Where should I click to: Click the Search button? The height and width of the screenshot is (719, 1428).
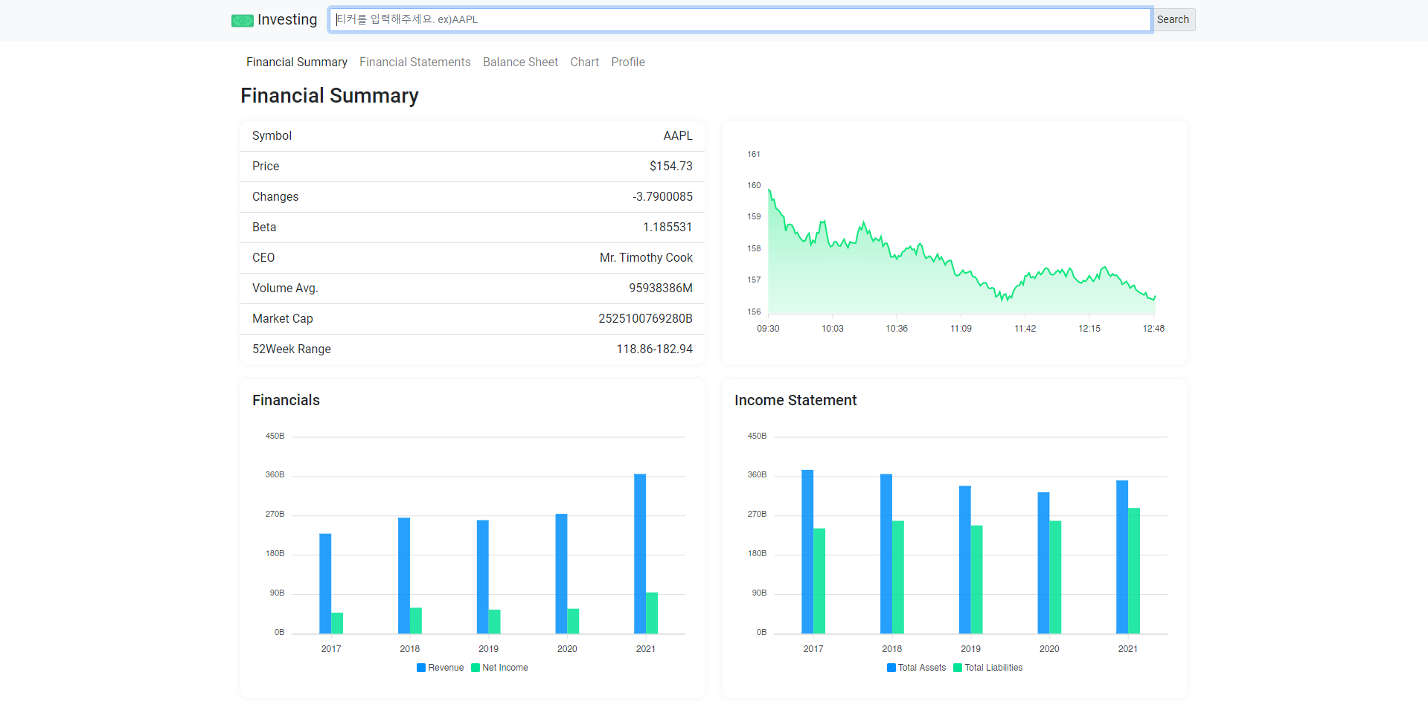[1173, 19]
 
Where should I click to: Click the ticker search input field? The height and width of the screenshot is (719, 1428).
[740, 19]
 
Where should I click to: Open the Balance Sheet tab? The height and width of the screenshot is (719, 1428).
[520, 62]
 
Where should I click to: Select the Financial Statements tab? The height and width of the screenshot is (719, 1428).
[414, 62]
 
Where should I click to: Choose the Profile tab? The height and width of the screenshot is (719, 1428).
[627, 62]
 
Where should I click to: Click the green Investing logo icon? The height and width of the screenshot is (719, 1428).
[242, 21]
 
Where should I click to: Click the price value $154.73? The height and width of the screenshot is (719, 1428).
[670, 167]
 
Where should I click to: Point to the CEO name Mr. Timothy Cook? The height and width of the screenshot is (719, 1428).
[646, 258]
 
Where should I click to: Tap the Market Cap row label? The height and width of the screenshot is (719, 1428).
[282, 319]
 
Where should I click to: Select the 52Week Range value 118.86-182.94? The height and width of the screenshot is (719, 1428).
[654, 349]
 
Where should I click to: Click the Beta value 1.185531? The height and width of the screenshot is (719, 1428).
[667, 228]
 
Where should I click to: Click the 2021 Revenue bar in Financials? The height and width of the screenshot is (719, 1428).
[640, 554]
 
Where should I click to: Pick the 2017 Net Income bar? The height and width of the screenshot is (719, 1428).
[337, 623]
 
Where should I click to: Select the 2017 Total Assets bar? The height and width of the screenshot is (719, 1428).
[807, 552]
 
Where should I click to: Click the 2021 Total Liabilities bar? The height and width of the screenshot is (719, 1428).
[1134, 571]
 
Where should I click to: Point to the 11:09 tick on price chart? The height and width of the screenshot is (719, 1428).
[961, 329]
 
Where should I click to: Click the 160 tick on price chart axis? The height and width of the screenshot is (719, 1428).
[754, 186]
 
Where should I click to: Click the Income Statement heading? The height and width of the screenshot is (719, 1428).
[795, 401]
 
